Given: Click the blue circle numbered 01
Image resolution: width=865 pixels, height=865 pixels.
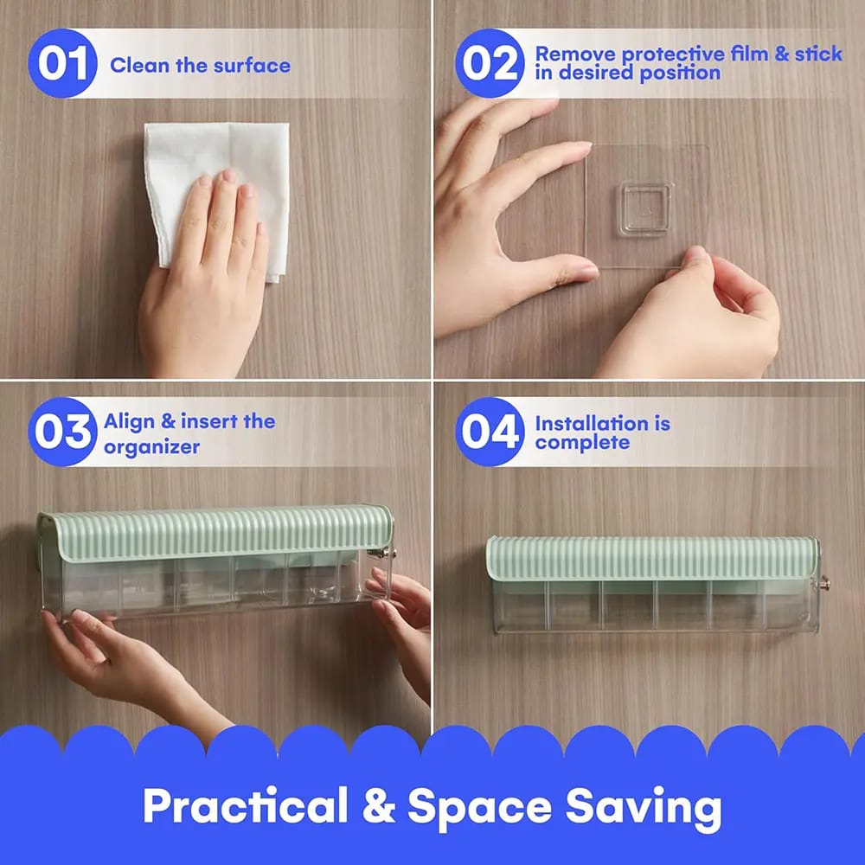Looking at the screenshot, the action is pos(62,63).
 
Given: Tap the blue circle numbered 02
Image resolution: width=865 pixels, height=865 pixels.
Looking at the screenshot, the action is pos(490,63).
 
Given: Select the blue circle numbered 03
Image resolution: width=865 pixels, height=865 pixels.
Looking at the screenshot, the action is pos(62,432).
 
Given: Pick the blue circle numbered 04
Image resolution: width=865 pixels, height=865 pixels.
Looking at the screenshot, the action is pos(490,432).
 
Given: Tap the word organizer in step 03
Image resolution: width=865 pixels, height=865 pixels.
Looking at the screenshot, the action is pos(151,447).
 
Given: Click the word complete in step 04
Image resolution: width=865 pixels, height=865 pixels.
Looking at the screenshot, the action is pos(582,442).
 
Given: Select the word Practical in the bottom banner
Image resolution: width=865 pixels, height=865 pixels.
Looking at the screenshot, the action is pos(246,806).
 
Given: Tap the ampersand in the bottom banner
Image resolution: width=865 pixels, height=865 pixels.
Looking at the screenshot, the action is pos(379,806).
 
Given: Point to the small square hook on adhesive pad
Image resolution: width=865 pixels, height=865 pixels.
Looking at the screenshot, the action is pos(645,209).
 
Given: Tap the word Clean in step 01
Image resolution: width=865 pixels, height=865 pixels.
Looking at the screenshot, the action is pos(140,66).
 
